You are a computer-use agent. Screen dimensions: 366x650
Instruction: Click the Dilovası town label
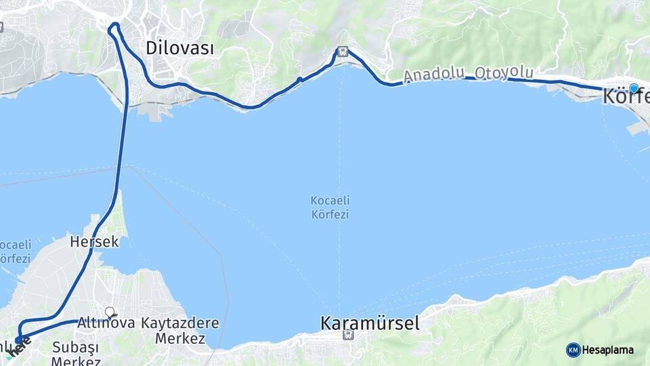(x=180, y=48)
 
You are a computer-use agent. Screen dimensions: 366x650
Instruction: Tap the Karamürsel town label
(x=370, y=323)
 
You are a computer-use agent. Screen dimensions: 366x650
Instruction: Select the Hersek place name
(x=94, y=241)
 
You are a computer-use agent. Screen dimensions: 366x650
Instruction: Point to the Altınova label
(x=106, y=323)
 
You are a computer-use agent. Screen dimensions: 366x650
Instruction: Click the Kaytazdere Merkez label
(x=180, y=330)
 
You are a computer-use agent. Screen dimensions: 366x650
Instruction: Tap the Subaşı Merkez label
(x=75, y=354)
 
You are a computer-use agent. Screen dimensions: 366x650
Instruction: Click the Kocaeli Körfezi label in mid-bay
(x=330, y=207)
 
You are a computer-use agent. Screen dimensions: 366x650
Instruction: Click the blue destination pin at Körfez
(x=634, y=88)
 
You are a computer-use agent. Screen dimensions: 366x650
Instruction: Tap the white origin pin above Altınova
(x=110, y=312)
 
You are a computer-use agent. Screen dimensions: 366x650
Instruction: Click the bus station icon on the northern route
(x=343, y=52)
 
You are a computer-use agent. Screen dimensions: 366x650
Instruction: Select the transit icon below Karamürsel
(x=348, y=334)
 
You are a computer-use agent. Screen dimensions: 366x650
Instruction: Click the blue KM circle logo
(x=573, y=350)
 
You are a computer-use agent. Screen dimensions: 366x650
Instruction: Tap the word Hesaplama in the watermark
(x=608, y=350)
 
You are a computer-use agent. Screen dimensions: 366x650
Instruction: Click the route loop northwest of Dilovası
(x=114, y=28)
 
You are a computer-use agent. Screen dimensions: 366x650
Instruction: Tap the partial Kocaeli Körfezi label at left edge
(x=15, y=251)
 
